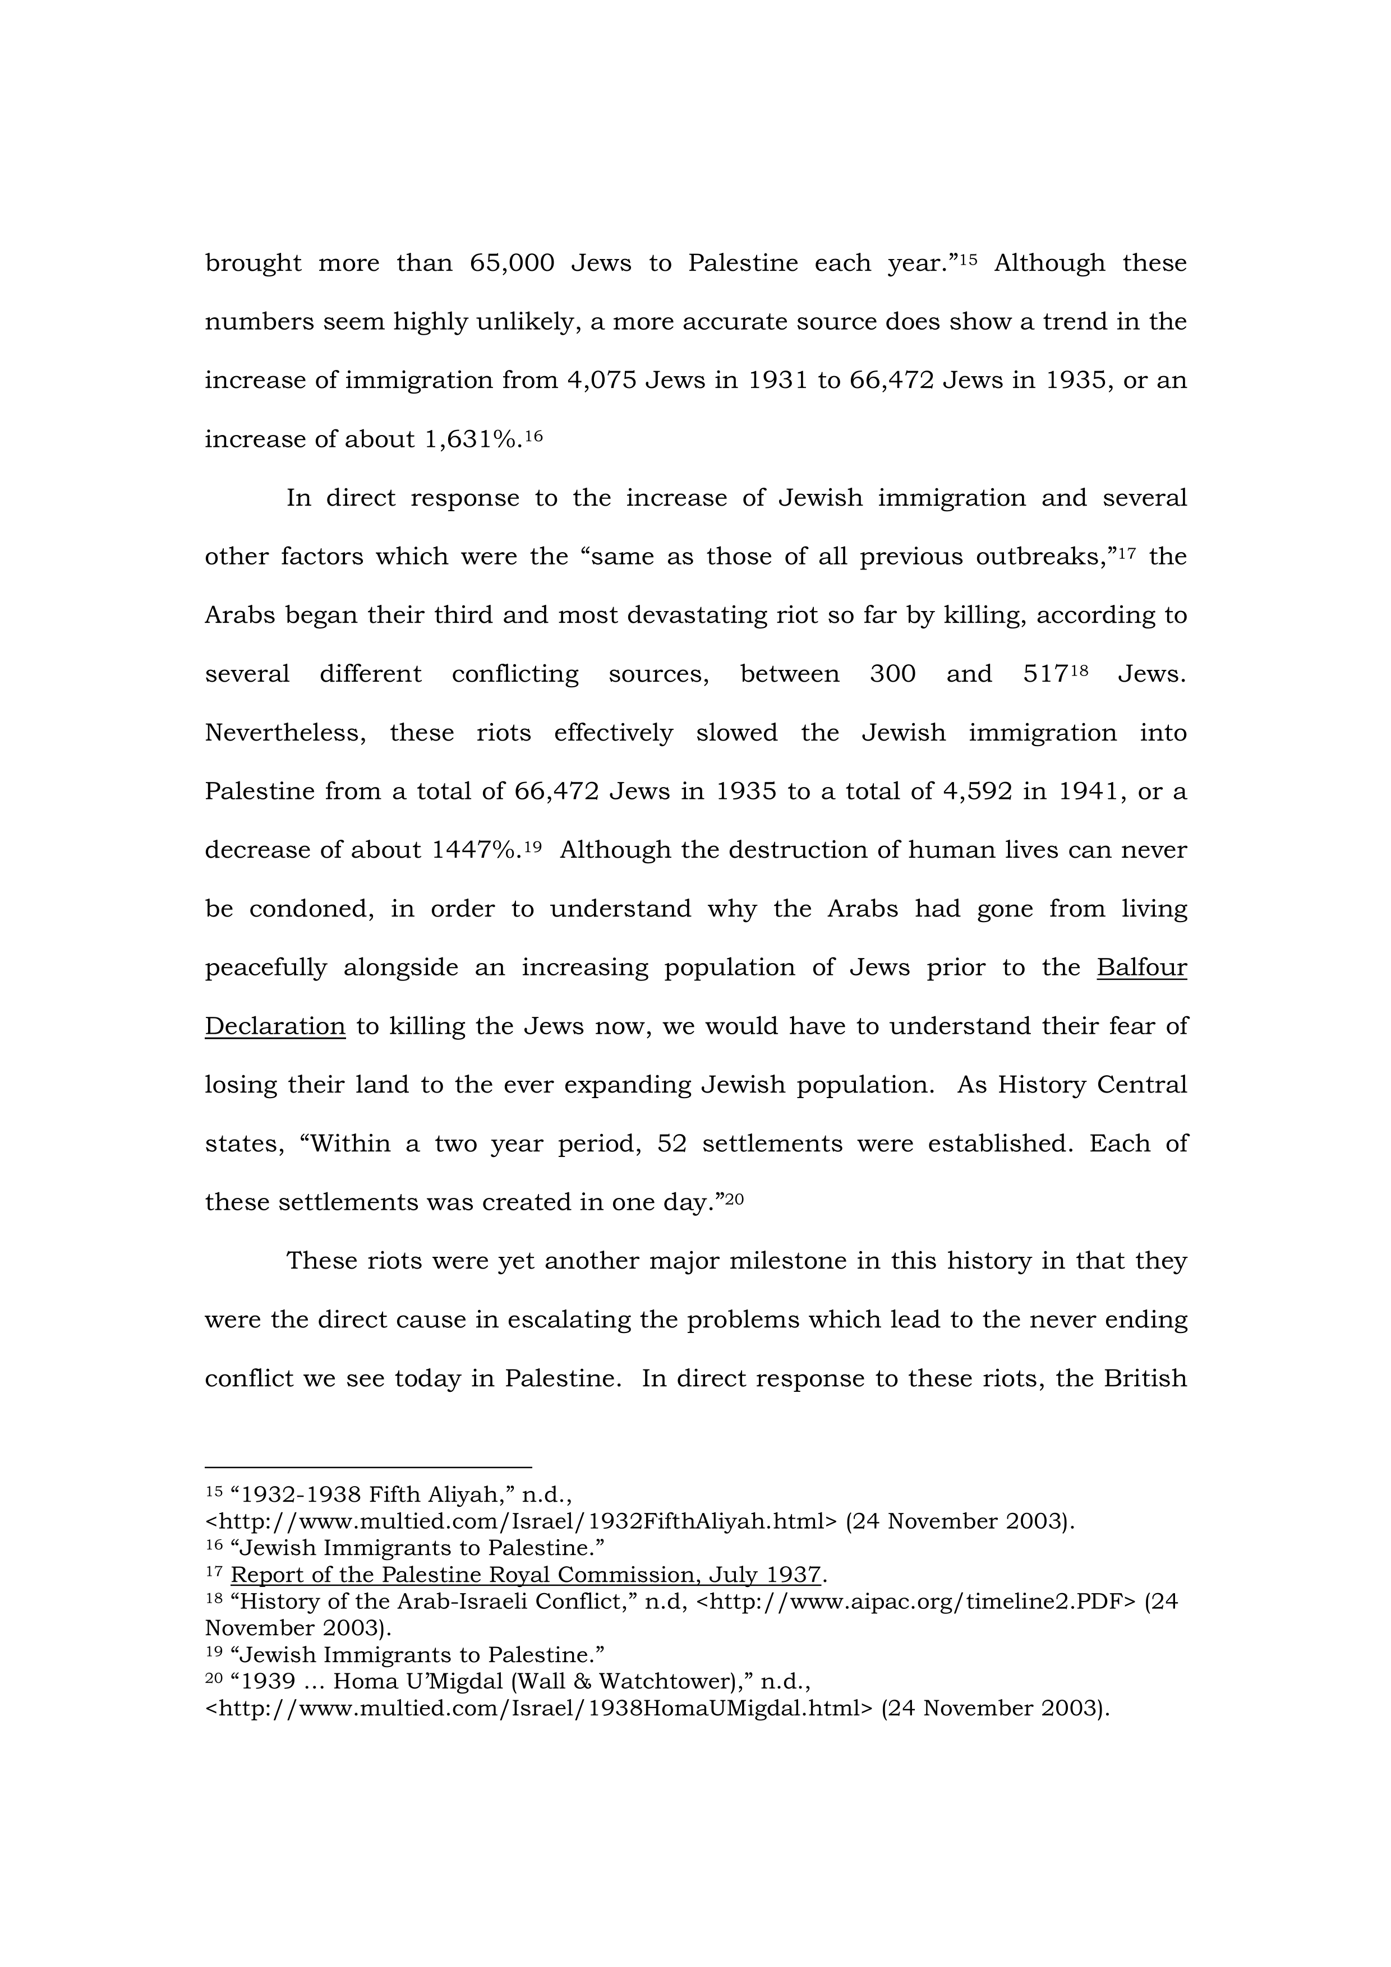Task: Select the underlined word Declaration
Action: (x=274, y=1026)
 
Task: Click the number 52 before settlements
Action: (x=672, y=1144)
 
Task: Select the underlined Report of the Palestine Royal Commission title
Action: (x=526, y=1575)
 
